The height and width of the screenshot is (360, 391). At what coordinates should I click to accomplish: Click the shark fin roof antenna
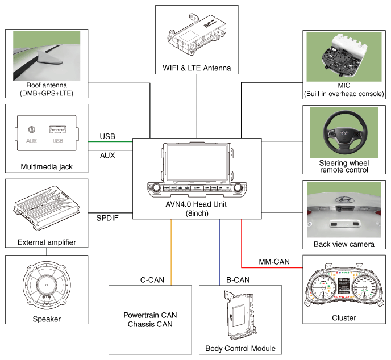[x=50, y=58]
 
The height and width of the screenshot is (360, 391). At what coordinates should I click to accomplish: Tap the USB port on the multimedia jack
[x=58, y=129]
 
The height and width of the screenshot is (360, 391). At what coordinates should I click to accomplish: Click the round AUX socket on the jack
[x=31, y=129]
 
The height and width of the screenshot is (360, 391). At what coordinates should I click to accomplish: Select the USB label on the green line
[x=107, y=136]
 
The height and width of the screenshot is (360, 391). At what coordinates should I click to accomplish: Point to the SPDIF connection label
[x=107, y=218]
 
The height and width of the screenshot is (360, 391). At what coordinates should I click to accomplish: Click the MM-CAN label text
[x=274, y=262]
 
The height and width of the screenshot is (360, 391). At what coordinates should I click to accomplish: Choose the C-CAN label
[x=152, y=280]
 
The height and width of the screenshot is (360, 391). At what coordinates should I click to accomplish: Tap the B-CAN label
[x=238, y=280]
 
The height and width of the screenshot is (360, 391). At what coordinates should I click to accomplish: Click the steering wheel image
[x=345, y=133]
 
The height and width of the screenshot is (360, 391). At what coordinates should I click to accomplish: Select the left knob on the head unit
[x=156, y=187]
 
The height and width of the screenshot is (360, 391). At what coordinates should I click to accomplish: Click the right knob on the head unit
[x=238, y=187]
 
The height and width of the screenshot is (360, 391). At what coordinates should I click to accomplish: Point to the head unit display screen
[x=197, y=162]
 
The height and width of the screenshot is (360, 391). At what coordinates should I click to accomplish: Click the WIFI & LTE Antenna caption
[x=197, y=68]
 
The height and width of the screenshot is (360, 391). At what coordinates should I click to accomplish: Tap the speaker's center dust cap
[x=47, y=285]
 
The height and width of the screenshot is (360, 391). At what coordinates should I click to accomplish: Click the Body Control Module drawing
[x=240, y=315]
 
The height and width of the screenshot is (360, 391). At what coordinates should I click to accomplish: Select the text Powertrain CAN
[x=150, y=315]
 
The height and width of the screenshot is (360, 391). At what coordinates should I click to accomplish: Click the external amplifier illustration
[x=47, y=208]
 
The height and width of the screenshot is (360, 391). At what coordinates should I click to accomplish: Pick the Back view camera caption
[x=344, y=244]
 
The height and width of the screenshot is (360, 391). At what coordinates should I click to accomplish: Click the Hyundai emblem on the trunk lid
[x=344, y=200]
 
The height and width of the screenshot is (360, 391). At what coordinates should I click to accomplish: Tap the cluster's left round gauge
[x=323, y=287]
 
